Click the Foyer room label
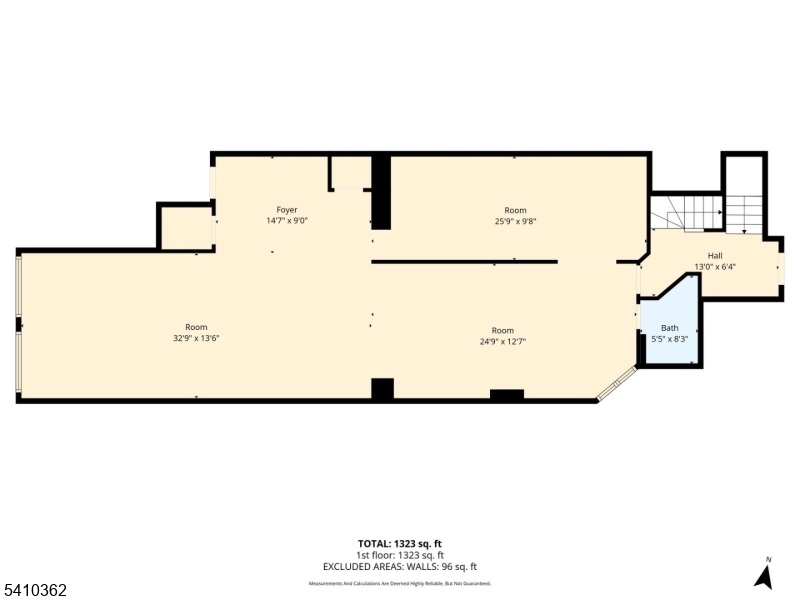click(286, 210)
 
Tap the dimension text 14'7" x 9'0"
click(286, 221)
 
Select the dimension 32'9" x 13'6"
click(196, 338)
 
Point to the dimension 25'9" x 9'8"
click(515, 222)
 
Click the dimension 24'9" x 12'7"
click(502, 342)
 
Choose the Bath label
click(670, 328)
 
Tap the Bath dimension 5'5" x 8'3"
click(670, 339)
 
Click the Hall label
click(715, 256)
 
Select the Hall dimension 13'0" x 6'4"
click(715, 267)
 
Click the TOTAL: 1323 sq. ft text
click(400, 544)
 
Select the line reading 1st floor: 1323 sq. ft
click(400, 555)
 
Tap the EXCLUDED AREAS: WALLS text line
click(400, 566)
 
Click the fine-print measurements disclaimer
click(400, 583)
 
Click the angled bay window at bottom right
click(617, 385)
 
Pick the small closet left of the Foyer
click(185, 228)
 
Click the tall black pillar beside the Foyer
click(381, 192)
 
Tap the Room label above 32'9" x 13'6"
click(196, 327)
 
